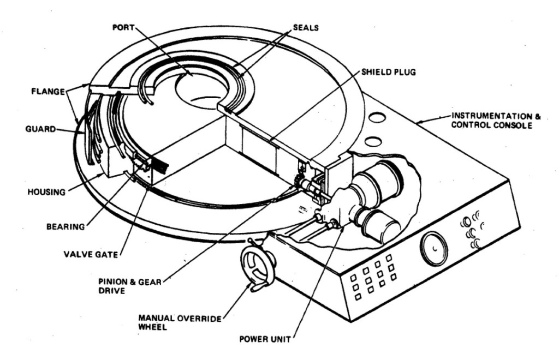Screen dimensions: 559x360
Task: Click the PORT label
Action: click(123, 27)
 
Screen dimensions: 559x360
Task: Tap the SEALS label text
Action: click(306, 27)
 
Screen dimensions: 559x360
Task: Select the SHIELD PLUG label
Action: click(389, 72)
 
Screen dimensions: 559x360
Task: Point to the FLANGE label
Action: click(48, 92)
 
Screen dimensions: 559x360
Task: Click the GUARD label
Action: click(40, 129)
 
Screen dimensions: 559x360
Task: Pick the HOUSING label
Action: click(47, 192)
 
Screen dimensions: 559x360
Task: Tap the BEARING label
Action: click(66, 226)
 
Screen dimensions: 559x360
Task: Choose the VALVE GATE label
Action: click(91, 254)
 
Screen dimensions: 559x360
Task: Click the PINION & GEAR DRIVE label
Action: click(130, 286)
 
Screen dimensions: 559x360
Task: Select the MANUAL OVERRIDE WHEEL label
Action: click(180, 322)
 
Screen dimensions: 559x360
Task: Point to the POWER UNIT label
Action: click(265, 339)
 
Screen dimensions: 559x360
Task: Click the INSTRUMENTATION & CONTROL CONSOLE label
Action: click(496, 121)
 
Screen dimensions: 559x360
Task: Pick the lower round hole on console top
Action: click(373, 141)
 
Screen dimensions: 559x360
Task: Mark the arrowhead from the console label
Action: click(418, 122)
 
